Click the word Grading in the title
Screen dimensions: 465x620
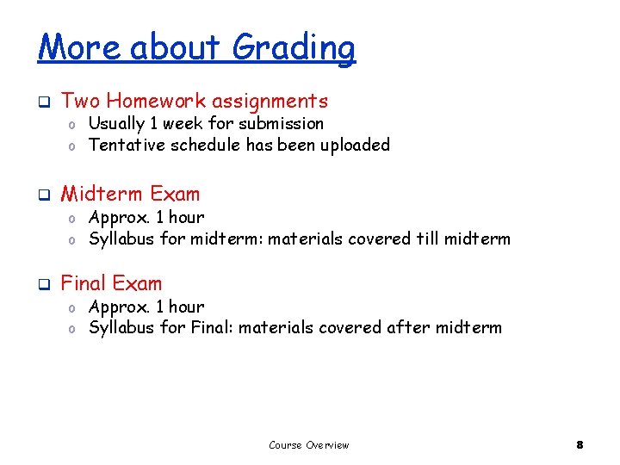294,47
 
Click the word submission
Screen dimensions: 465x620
282,123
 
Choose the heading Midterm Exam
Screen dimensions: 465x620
130,194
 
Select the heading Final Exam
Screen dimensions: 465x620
111,282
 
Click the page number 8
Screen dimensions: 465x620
580,445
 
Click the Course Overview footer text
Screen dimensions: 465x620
309,445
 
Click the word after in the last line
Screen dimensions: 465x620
410,327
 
